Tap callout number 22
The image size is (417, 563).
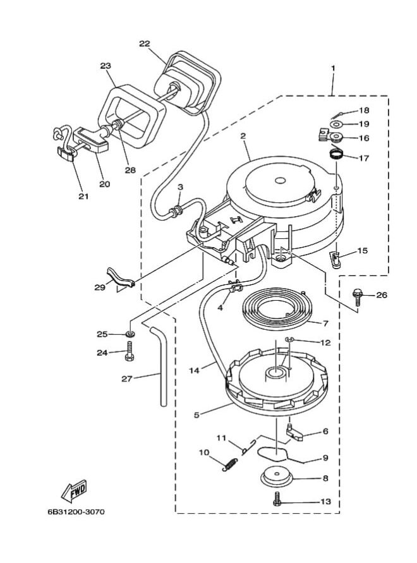[x=145, y=43]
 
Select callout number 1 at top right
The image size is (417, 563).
[x=333, y=68]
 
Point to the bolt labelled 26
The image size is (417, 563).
[x=358, y=296]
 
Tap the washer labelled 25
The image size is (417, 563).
[x=129, y=333]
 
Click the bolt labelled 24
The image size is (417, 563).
[x=129, y=352]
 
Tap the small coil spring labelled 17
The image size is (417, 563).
[x=337, y=152]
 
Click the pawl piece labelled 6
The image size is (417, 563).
[x=295, y=432]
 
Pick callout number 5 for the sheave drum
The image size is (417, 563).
[x=196, y=415]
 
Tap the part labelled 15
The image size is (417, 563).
[x=336, y=258]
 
